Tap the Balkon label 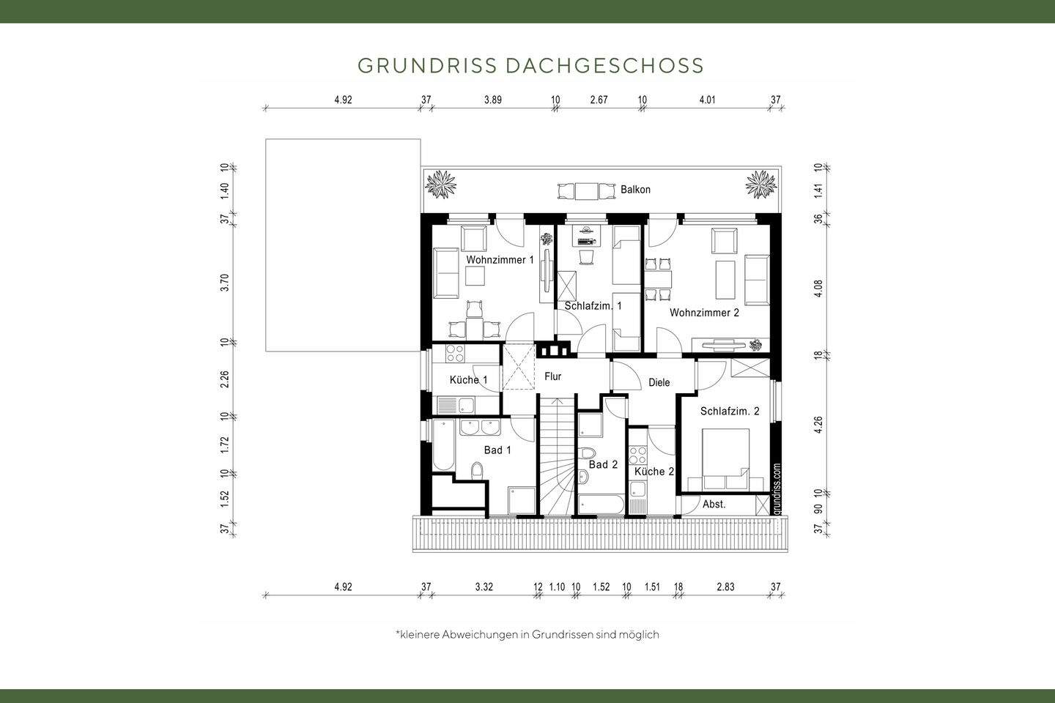click(635, 190)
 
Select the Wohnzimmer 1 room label click(500, 260)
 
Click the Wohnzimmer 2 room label click(704, 313)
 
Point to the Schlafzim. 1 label click(593, 306)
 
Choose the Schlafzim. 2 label click(729, 412)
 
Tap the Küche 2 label click(654, 472)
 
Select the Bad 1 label click(497, 450)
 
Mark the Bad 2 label click(603, 465)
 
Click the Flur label click(552, 376)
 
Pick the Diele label click(659, 382)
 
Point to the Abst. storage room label click(714, 505)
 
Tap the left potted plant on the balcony click(443, 183)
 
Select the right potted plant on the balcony click(761, 183)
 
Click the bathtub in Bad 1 click(443, 445)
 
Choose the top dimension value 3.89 click(492, 100)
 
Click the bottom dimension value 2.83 click(725, 587)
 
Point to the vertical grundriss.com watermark click(777, 488)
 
